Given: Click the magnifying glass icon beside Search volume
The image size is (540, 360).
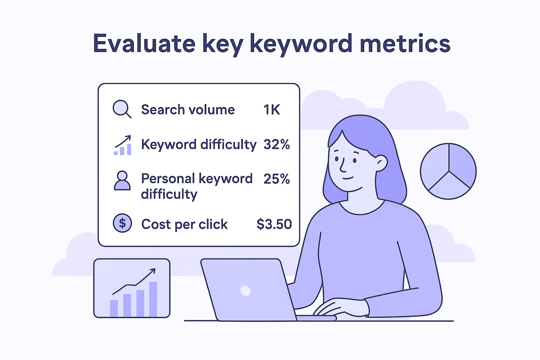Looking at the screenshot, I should click(x=121, y=109).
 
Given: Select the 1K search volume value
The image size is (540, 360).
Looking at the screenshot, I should click(x=271, y=110).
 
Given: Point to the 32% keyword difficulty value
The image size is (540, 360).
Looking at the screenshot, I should click(x=276, y=144).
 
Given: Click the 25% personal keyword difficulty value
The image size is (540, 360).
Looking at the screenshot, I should click(x=276, y=179).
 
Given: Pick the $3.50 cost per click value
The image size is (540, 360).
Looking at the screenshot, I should click(x=274, y=224).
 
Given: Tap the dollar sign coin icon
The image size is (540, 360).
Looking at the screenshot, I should click(x=122, y=223).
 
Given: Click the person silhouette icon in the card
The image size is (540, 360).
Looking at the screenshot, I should click(x=122, y=180).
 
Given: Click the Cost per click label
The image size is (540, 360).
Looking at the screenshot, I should click(x=184, y=224).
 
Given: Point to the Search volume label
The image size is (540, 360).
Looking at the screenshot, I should click(x=188, y=110).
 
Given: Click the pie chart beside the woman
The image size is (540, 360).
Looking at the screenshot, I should click(x=448, y=171).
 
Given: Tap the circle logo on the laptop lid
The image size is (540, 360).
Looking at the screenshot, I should click(x=245, y=290).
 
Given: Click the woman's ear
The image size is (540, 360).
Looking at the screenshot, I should click(x=381, y=162).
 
